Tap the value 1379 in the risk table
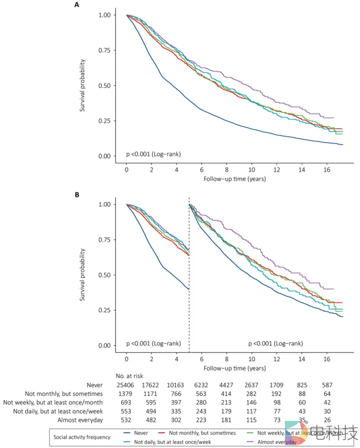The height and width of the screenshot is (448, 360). pyautogui.click(x=126, y=394)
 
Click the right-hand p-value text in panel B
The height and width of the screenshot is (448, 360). pyautogui.click(x=275, y=343)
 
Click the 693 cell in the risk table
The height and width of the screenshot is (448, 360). pyautogui.click(x=126, y=402)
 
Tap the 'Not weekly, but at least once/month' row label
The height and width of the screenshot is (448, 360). pyautogui.click(x=55, y=402)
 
